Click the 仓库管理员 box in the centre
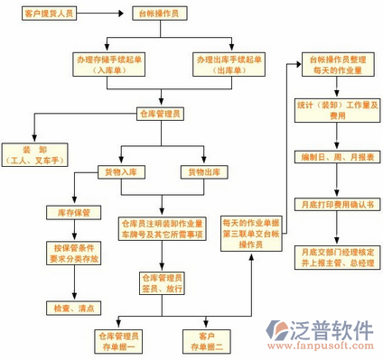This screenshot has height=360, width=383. [160, 114]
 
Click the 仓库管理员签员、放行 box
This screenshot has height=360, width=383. [161, 283]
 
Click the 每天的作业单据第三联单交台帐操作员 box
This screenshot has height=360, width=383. [252, 232]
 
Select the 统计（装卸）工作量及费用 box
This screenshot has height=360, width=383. [326, 110]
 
